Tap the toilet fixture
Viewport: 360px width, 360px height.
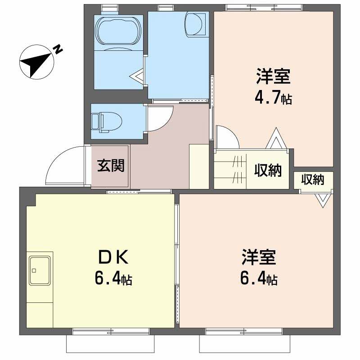(x=107, y=122)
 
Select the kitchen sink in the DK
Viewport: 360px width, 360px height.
(x=40, y=271)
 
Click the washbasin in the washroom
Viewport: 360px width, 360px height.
(x=195, y=24)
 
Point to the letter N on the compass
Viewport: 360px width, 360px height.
(x=58, y=49)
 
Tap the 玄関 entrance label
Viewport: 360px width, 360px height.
(x=111, y=166)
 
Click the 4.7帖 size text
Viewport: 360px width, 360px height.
(x=273, y=98)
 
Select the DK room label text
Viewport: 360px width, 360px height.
(x=113, y=257)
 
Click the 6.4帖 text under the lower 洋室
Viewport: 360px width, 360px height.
(x=259, y=278)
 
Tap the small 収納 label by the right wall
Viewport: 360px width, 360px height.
(x=312, y=180)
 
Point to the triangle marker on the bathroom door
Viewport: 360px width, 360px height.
(x=137, y=76)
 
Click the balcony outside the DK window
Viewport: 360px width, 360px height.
(x=110, y=344)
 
